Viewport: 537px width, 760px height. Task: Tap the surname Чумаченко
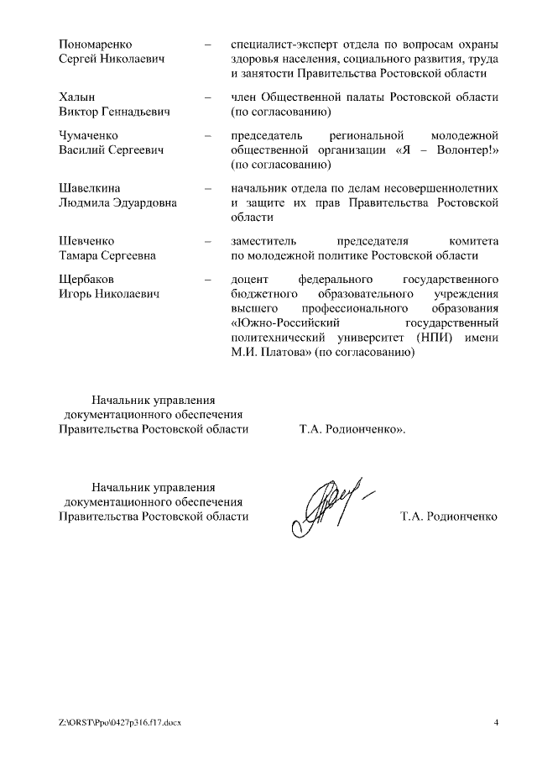pyautogui.click(x=88, y=134)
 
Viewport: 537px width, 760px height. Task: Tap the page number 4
pyautogui.click(x=496, y=723)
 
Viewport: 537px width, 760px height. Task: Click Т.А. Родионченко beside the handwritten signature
pyautogui.click(x=449, y=515)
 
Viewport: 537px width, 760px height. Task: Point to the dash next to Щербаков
pyautogui.click(x=206, y=279)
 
